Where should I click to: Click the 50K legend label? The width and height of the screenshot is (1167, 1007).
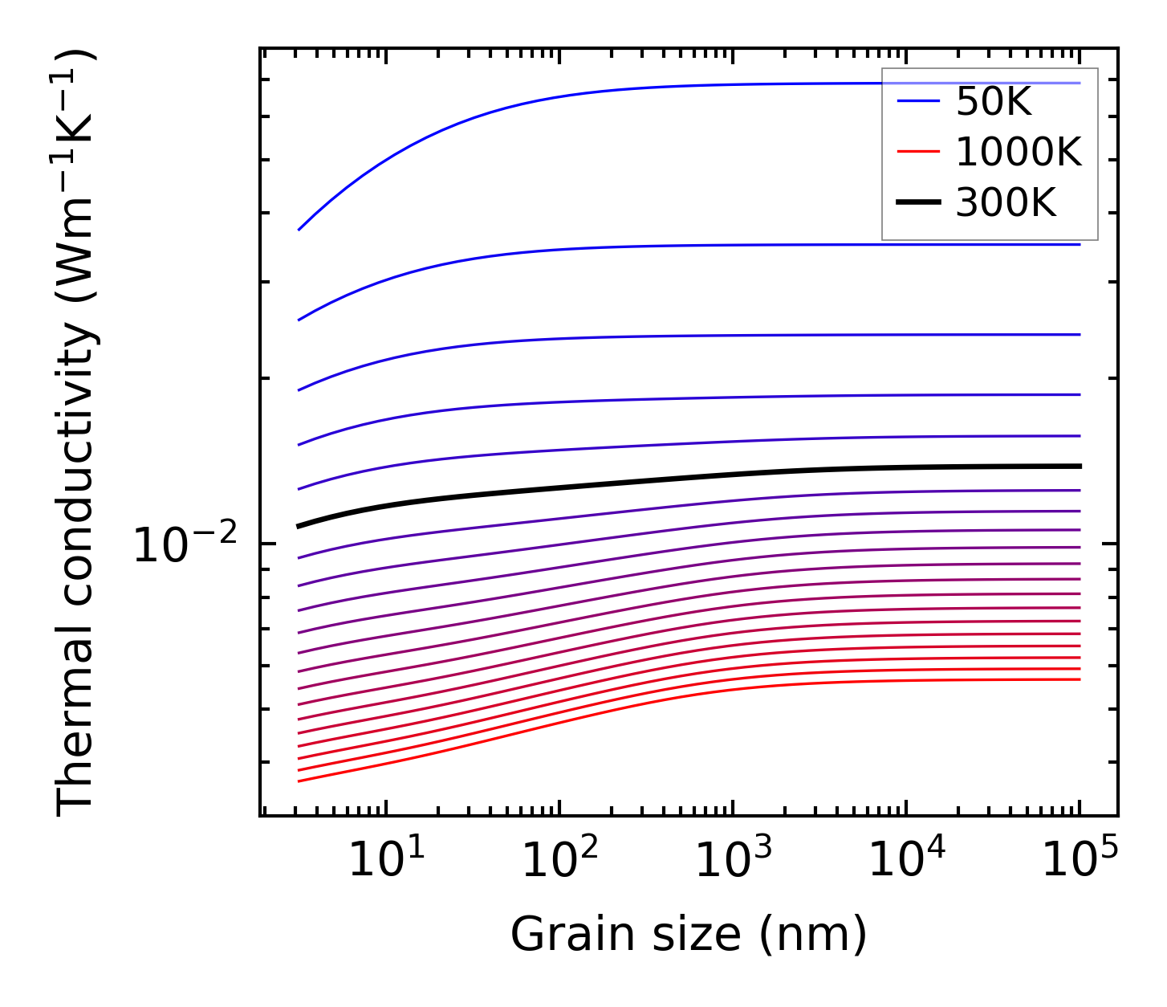pyautogui.click(x=993, y=102)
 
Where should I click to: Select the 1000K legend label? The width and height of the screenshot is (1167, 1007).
pyautogui.click(x=1019, y=152)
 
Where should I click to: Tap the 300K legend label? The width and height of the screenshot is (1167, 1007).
pyautogui.click(x=1006, y=203)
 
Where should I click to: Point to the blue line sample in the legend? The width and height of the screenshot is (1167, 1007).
pyautogui.click(x=918, y=101)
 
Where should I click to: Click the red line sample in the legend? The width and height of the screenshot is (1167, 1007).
pyautogui.click(x=918, y=152)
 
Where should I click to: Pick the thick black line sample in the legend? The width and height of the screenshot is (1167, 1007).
pyautogui.click(x=918, y=203)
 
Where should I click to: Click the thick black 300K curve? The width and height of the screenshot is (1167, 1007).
pyautogui.click(x=642, y=482)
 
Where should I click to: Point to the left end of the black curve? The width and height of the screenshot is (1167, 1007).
pyautogui.click(x=299, y=526)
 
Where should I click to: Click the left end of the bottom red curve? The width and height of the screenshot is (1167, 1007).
pyautogui.click(x=299, y=781)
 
